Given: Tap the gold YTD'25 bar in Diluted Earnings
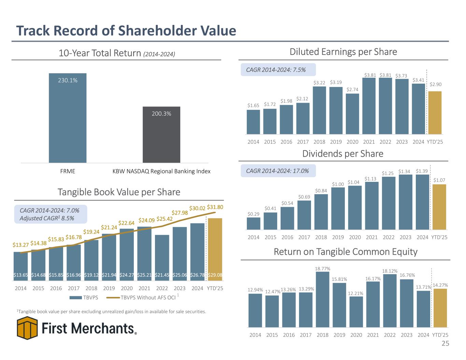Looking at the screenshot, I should pyautogui.click(x=435, y=113).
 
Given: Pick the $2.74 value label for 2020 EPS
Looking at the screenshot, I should pyautogui.click(x=352, y=89).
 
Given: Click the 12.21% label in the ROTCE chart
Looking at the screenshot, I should pyautogui.click(x=356, y=293).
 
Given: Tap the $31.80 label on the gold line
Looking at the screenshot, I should pyautogui.click(x=215, y=207).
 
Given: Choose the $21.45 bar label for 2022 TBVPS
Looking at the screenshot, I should pyautogui.click(x=162, y=275).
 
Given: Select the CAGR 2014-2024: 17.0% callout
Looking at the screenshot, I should pyautogui.click(x=278, y=171).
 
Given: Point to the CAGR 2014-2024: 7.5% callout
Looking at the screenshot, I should pyautogui.click(x=278, y=70).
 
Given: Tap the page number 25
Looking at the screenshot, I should pyautogui.click(x=446, y=344).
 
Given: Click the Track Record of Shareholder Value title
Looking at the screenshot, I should pyautogui.click(x=126, y=31).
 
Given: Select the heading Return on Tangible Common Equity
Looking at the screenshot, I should pyautogui.click(x=345, y=252).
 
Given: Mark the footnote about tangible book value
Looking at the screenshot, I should pyautogui.click(x=111, y=312).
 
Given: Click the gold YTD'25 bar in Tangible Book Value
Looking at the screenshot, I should pyautogui.click(x=215, y=246).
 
